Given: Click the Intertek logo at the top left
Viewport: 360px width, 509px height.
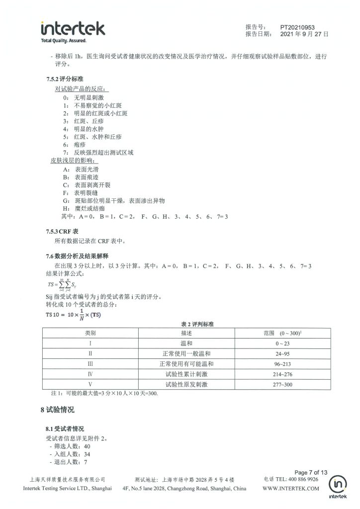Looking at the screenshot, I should point(73,31).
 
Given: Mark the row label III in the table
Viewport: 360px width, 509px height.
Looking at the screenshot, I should point(90,363).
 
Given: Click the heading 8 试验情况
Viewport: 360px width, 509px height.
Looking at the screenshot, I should point(57,410).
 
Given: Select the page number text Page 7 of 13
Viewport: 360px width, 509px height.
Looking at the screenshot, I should point(311,472).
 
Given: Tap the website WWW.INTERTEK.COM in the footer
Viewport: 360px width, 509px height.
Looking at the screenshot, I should point(291,489).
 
